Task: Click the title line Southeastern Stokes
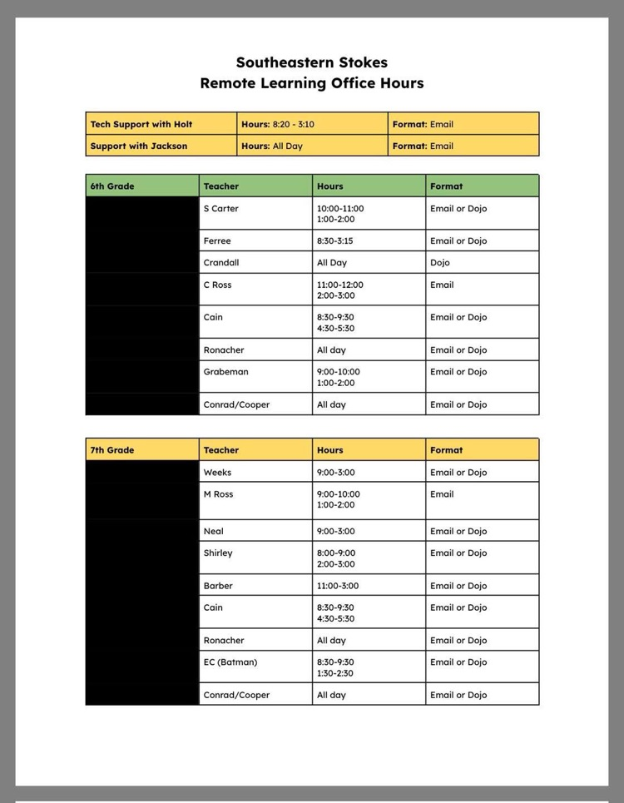pos(311,62)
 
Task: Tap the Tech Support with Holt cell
pos(141,124)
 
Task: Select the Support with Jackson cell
pos(139,146)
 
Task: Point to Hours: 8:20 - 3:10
pos(278,124)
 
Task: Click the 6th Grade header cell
pos(112,186)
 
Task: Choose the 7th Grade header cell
pos(112,450)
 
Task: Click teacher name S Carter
pos(220,208)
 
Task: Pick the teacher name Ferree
pos(217,240)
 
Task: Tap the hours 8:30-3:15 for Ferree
pos(334,240)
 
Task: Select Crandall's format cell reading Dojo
pos(440,262)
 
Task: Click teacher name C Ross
pos(217,285)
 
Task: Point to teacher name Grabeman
pos(225,372)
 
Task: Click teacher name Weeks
pos(217,472)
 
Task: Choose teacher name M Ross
pos(218,493)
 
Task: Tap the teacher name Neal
pos(213,531)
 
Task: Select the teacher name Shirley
pos(218,553)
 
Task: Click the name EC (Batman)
pos(230,662)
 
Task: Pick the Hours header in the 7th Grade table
pos(330,450)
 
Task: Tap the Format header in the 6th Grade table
pos(447,186)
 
